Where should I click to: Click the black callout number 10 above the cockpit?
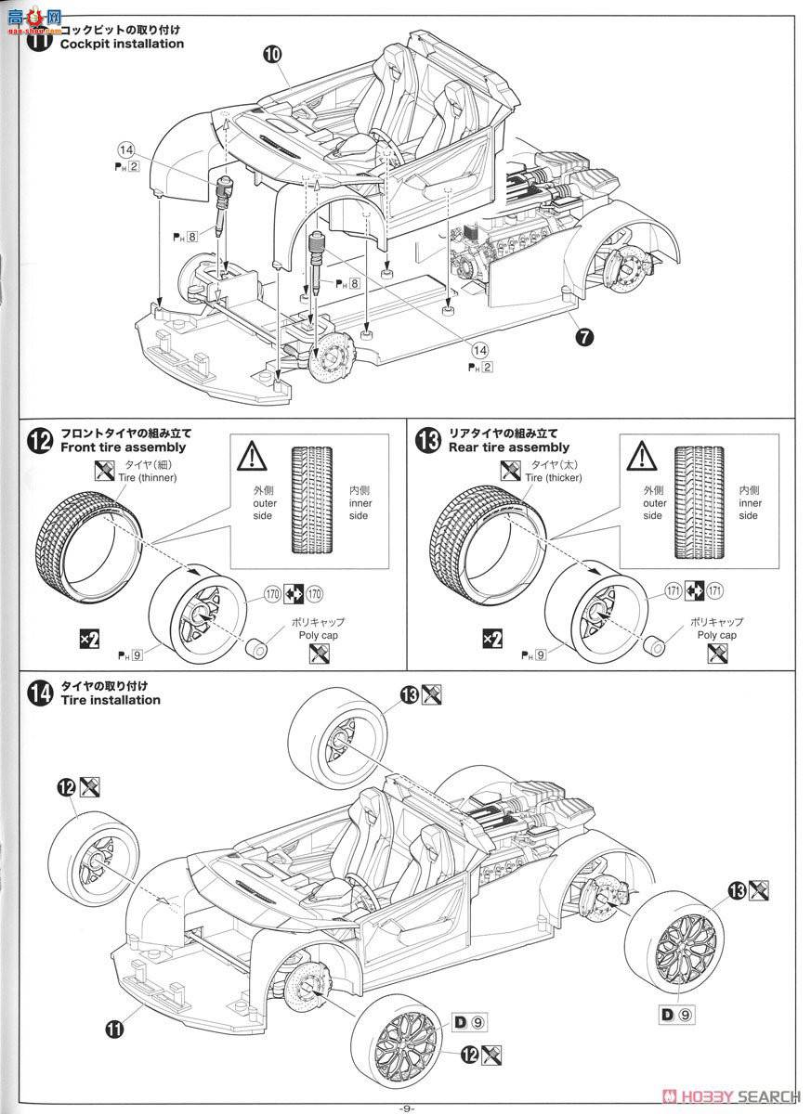(271, 55)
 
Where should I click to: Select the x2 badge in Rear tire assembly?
(493, 639)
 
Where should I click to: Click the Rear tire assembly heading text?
(509, 447)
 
